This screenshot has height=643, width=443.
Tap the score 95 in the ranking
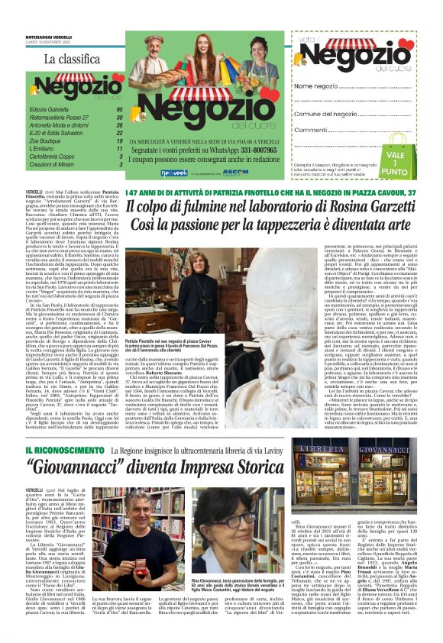(119, 110)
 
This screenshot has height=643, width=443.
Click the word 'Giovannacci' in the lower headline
(86, 443)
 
